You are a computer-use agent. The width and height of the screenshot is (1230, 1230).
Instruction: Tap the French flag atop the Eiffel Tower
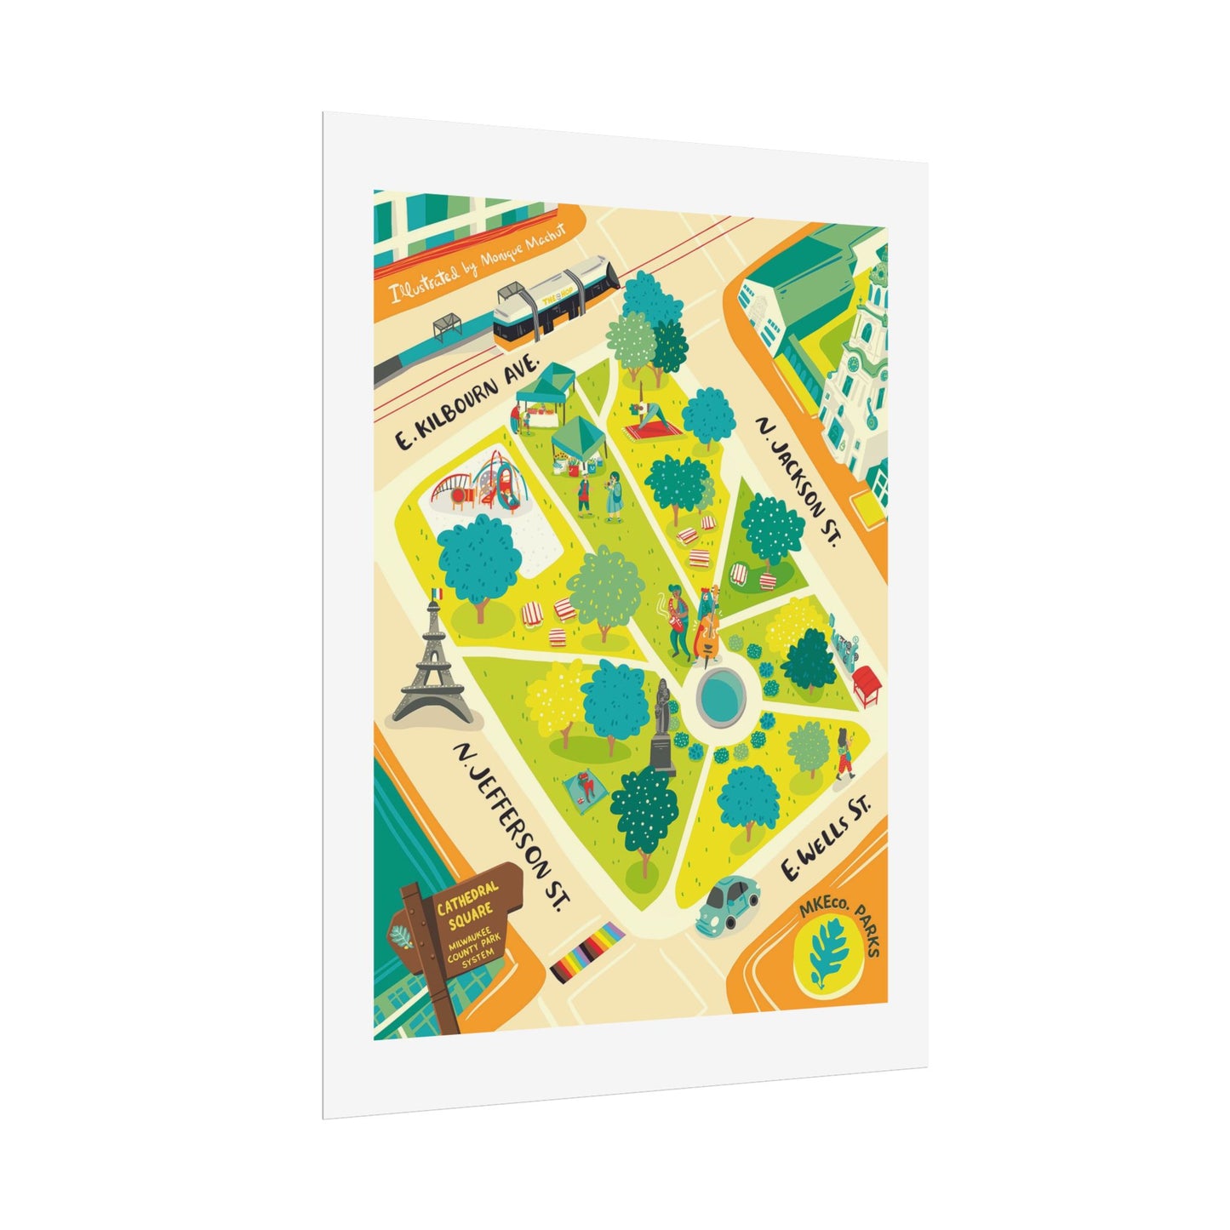[x=438, y=593]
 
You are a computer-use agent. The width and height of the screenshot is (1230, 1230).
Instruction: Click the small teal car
[x=728, y=905]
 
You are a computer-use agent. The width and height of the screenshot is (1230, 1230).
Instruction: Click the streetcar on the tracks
[x=552, y=303]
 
